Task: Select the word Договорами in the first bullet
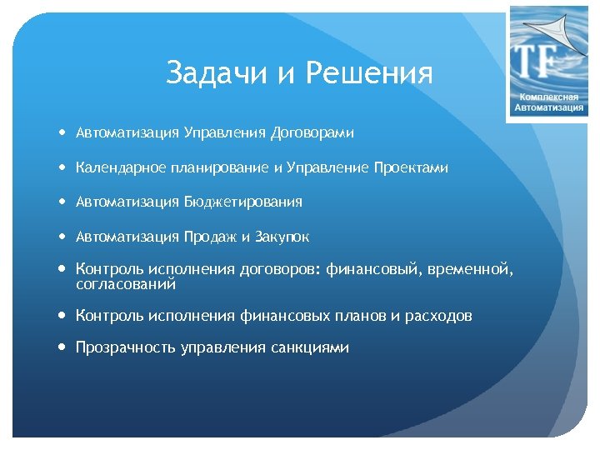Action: (x=312, y=132)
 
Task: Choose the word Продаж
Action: (x=208, y=237)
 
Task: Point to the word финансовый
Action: (x=372, y=270)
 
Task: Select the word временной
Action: (x=471, y=270)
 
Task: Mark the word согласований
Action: (x=126, y=285)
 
